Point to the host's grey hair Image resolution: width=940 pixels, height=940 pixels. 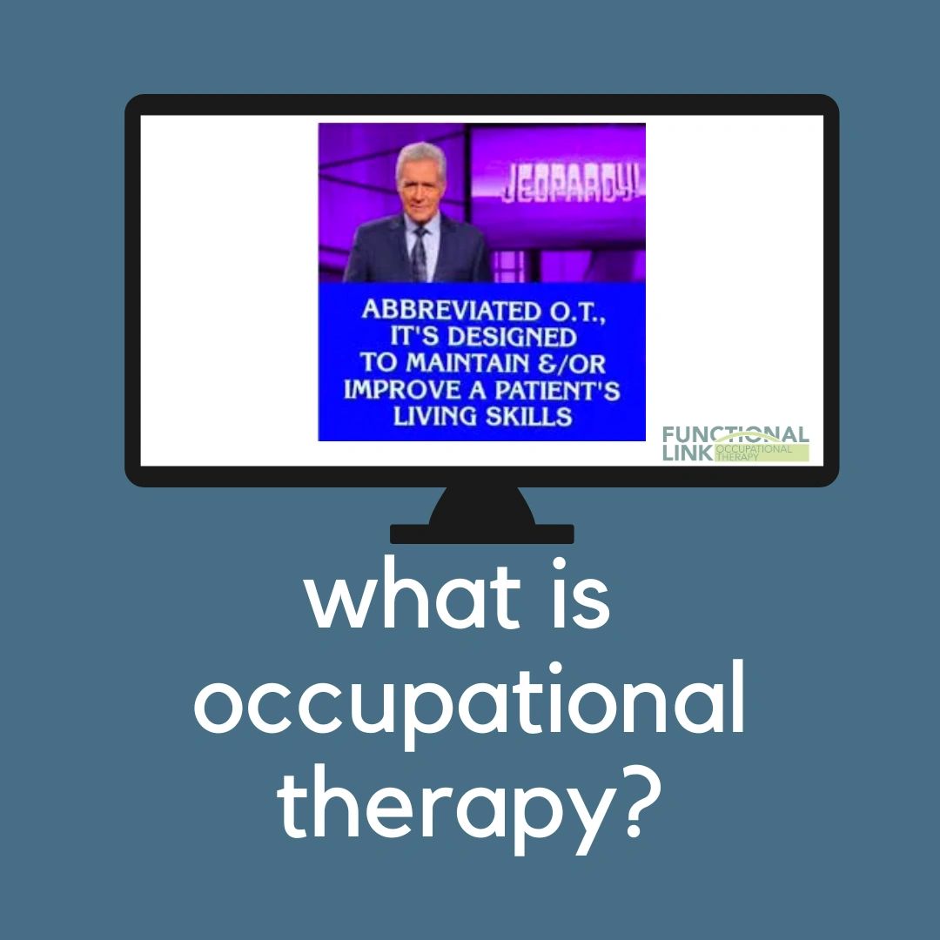[x=420, y=155]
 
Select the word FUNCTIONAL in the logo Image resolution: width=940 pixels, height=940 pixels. [x=735, y=434]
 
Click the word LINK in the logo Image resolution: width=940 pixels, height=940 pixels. [x=687, y=453]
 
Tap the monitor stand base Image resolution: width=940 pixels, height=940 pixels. [x=481, y=533]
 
